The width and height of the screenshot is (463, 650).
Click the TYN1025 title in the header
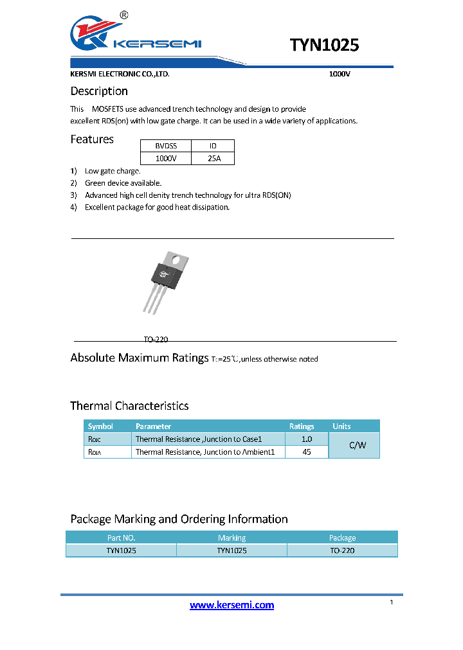pos(324,45)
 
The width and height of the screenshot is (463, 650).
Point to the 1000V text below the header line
pos(339,74)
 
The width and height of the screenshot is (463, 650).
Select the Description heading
pos(99,91)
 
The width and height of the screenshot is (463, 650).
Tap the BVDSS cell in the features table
pos(166,146)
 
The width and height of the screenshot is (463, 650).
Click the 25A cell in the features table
pos(213,159)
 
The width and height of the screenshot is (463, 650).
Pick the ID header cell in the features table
pos(213,146)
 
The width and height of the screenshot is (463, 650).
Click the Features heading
pos(92,139)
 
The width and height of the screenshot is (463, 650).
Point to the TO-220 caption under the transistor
pos(156,339)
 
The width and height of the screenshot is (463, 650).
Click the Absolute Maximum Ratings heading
pos(139,358)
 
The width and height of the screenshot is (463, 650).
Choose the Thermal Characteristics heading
pos(129,406)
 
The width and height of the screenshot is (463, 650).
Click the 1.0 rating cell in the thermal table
pos(306,439)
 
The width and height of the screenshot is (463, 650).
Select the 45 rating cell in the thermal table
pos(306,452)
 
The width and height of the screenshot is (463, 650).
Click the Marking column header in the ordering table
pos(232,538)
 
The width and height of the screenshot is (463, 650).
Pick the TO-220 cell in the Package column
pos(342,550)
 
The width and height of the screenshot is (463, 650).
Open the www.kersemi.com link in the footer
pos(232,605)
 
